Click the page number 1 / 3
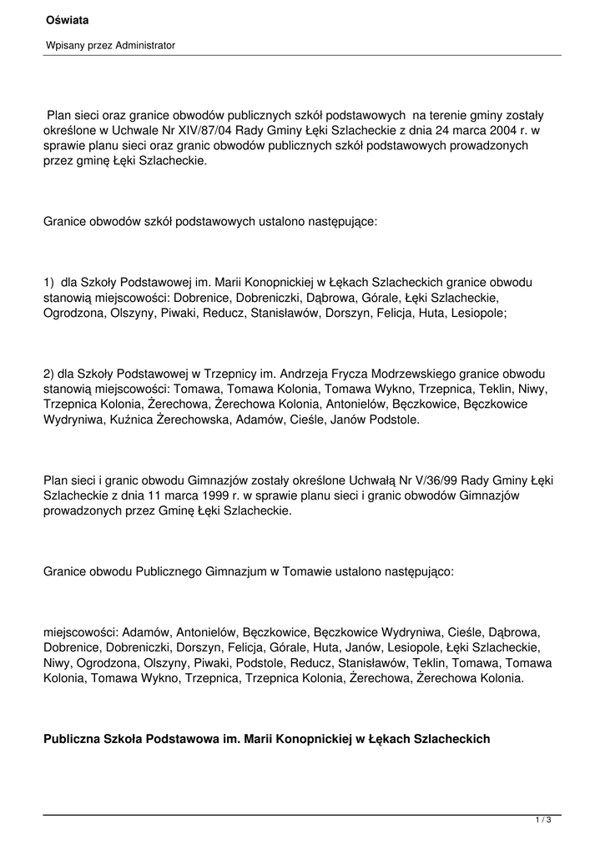(543, 821)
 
